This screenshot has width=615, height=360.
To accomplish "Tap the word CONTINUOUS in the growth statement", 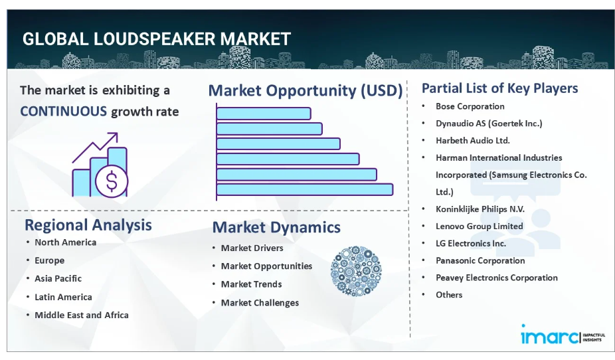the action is tap(63, 112).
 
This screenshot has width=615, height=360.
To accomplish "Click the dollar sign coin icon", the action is tap(112, 181).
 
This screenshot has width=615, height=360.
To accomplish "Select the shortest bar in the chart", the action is tap(264, 114).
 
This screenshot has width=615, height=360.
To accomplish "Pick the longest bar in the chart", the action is tap(305, 189).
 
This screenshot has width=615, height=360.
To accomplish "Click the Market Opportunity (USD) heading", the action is tap(306, 90).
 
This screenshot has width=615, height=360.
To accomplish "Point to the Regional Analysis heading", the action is tap(88, 225).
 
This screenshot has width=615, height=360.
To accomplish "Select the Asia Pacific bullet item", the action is tap(58, 278).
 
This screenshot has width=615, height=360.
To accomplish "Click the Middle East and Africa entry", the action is tap(82, 315).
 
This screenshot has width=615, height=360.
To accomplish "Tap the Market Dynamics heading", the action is tap(276, 227).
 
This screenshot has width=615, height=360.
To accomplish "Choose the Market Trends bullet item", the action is tap(252, 284).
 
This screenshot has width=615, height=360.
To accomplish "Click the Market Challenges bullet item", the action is tap(260, 303).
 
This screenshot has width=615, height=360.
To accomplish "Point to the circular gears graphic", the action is tap(356, 271).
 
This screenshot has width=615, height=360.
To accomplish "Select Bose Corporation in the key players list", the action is tap(470, 106).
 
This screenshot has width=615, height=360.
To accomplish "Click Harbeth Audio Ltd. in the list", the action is tap(473, 140).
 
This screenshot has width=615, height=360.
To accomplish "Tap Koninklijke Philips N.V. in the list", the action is tap(480, 209).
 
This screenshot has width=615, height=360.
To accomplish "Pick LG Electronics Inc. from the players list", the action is tap(471, 243).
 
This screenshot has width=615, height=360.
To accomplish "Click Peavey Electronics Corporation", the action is tap(497, 278).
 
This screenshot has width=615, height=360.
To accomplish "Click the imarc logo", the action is tap(563, 335).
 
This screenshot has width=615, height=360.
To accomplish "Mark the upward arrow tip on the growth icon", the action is tap(117, 134).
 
